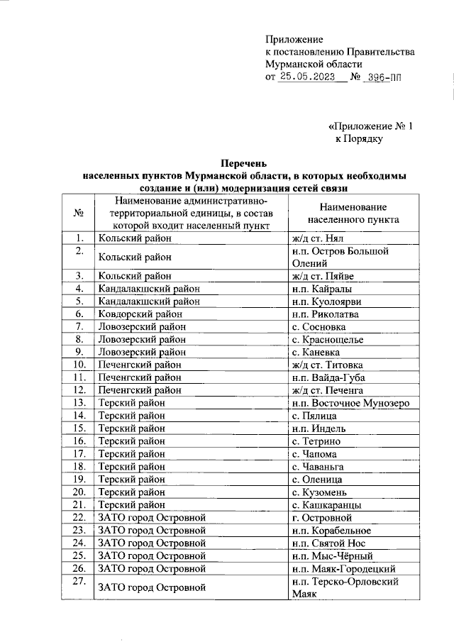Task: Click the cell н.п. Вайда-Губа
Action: [328, 377]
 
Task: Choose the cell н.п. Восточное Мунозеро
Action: [350, 403]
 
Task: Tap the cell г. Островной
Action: [322, 517]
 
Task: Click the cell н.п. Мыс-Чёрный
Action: [333, 555]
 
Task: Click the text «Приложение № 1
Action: [370, 126]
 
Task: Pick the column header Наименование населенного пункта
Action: [352, 213]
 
